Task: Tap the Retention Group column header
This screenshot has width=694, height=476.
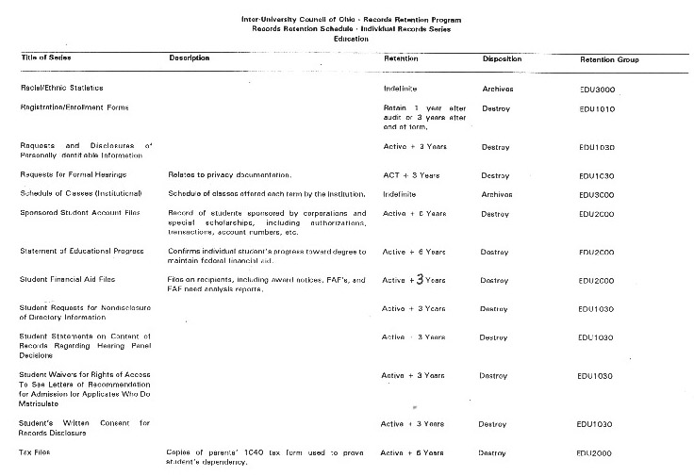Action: click(x=609, y=60)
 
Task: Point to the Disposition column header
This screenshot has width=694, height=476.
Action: click(x=502, y=59)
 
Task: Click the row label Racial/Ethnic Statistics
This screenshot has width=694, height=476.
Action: click(x=61, y=88)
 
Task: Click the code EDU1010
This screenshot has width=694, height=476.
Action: click(x=598, y=108)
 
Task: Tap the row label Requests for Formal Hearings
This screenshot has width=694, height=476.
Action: click(x=74, y=175)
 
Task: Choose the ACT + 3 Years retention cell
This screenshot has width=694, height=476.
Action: click(x=407, y=175)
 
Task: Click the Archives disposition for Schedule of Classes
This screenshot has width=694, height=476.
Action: click(x=497, y=194)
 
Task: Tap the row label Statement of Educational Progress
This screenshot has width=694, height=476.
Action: click(x=81, y=252)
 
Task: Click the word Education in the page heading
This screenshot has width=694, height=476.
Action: click(x=351, y=40)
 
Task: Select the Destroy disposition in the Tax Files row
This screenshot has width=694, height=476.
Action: click(x=492, y=453)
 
